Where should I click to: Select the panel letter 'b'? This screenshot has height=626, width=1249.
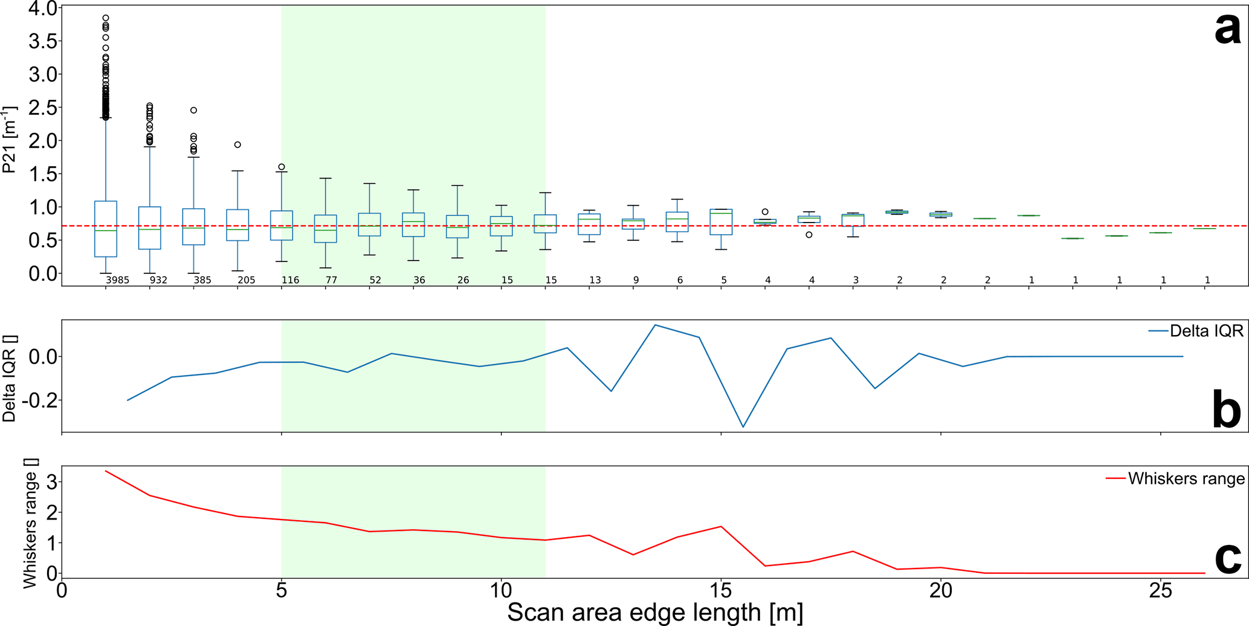coord(1227,410)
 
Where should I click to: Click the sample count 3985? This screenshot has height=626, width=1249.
coord(117,280)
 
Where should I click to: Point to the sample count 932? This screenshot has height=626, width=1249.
coord(158,280)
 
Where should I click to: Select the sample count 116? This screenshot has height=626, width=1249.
coord(290,280)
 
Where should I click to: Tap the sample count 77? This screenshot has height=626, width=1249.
coord(331,280)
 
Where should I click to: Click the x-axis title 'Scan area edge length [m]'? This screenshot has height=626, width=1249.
coord(655,612)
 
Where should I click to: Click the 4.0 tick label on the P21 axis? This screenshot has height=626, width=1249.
coord(42,9)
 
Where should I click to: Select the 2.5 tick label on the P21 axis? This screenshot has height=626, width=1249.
coord(42,108)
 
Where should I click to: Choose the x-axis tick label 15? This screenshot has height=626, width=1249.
coord(721,590)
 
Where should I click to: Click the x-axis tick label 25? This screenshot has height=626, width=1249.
coord(1160,590)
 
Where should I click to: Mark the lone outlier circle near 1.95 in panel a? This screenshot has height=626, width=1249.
coord(237,145)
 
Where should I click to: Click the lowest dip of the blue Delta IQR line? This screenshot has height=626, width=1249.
coord(743,427)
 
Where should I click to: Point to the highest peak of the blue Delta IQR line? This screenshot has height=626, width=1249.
coord(655,325)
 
